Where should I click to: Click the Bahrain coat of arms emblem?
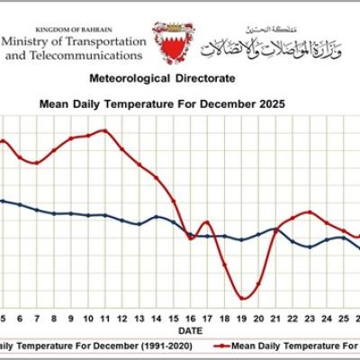172,41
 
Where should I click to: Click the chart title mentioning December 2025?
163,104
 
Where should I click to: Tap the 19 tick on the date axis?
242,319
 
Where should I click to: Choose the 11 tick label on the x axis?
105,319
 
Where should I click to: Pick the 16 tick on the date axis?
191,319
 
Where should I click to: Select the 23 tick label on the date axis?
310,319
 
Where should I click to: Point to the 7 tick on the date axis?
37,319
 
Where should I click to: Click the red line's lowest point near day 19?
242,298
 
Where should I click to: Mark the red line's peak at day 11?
104,130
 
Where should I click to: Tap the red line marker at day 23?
310,211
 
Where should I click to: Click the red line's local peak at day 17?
206,221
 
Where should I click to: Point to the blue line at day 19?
242,239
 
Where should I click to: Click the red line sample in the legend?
216,345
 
